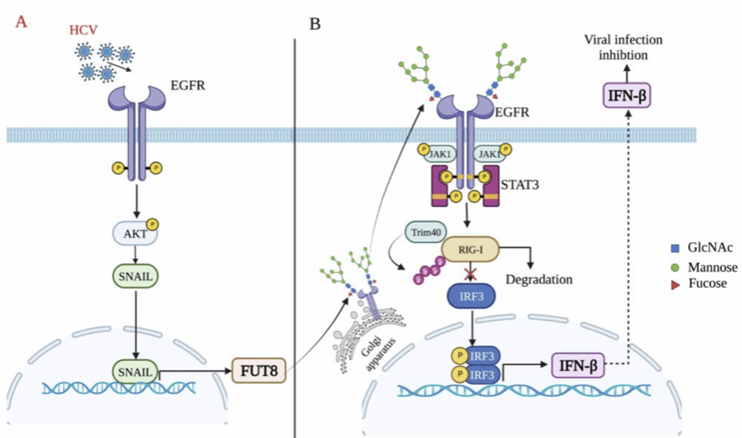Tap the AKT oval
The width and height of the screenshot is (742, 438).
click(x=135, y=233)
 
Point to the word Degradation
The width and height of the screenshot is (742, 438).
click(x=539, y=279)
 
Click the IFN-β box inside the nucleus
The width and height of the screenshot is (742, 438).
click(x=577, y=367)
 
